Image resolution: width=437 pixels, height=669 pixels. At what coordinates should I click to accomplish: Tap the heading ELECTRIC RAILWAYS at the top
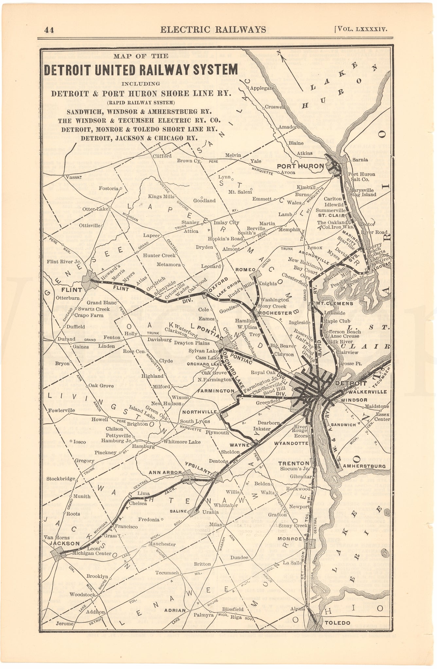pos(213,29)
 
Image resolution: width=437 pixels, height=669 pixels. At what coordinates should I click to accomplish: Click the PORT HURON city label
pos(300,166)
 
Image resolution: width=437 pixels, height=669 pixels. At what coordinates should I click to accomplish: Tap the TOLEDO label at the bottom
pos(337,623)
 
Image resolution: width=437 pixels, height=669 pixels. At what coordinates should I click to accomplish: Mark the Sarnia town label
pos(360,160)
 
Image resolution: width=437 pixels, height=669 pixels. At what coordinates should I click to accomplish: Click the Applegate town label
pos(262,88)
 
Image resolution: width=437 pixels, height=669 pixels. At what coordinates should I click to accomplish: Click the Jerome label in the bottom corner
pos(64,623)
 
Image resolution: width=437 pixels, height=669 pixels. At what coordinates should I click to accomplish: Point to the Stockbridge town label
pos(61,479)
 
